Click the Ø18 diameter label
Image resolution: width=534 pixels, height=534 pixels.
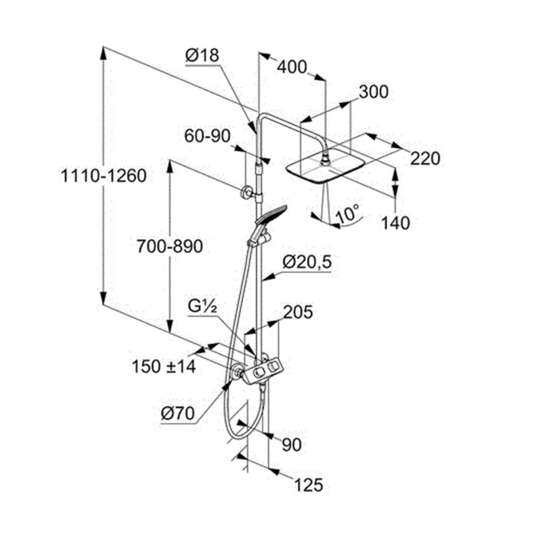click(202, 55)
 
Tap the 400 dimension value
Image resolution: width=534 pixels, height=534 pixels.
click(292, 67)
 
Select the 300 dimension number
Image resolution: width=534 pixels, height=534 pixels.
click(374, 92)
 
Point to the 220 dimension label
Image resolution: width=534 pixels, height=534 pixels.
click(425, 158)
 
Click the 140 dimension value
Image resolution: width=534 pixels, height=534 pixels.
click(395, 223)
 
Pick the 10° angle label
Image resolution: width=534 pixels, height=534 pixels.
click(347, 214)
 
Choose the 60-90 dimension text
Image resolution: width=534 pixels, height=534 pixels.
click(207, 136)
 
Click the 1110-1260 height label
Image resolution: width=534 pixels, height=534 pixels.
click(104, 176)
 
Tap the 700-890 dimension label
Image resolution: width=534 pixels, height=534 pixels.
click(170, 246)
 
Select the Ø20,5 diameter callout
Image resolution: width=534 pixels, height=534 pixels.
click(307, 262)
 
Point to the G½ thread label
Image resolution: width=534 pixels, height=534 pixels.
click(202, 306)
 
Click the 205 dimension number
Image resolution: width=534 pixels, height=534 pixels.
click(298, 312)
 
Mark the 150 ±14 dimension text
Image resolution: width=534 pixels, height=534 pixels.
click(163, 367)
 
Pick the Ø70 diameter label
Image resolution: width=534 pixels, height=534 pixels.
click(178, 413)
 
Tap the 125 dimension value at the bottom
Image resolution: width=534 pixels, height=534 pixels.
click(308, 485)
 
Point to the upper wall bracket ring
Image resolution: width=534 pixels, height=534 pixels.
click(245, 193)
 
